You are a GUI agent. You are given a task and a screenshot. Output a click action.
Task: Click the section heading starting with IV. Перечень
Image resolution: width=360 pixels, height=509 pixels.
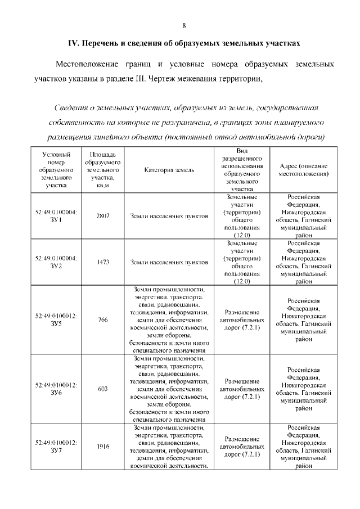180,43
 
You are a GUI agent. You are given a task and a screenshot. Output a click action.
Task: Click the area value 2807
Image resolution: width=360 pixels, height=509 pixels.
102,216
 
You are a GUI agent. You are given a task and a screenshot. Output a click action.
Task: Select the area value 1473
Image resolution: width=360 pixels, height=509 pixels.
102,262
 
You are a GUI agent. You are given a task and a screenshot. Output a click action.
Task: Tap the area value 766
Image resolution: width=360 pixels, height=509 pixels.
102,320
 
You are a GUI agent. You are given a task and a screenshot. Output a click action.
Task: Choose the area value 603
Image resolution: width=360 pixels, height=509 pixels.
102,389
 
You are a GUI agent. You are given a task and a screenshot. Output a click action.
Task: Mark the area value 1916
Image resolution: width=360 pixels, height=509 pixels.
102,447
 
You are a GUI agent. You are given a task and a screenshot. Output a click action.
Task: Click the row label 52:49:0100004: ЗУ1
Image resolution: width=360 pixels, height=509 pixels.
56,216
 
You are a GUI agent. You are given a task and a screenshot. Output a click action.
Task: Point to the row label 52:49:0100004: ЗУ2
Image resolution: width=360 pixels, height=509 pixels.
56,262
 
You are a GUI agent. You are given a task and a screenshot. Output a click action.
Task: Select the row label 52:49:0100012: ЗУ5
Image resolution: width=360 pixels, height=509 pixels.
56,320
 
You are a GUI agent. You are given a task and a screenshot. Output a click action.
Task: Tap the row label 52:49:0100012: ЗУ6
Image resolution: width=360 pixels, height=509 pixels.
56,389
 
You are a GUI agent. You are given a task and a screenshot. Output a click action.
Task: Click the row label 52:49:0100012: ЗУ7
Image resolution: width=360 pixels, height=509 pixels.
56,447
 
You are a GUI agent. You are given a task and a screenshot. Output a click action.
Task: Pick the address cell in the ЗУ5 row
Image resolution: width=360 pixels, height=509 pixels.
304,320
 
